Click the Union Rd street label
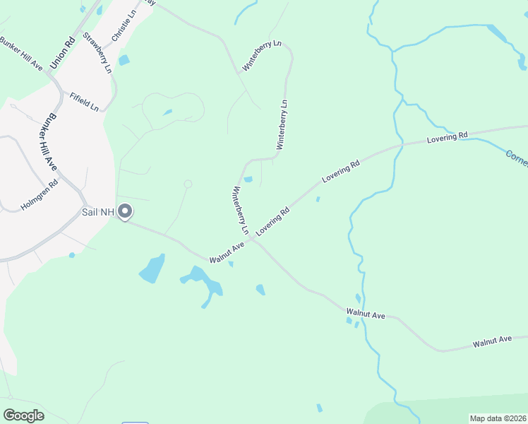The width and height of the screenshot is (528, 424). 62,53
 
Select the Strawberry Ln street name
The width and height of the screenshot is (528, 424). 97,52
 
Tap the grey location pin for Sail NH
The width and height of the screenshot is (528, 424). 126,211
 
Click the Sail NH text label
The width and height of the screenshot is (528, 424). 98,211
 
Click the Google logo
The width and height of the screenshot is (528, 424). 23,416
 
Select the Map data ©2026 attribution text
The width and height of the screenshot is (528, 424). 498,418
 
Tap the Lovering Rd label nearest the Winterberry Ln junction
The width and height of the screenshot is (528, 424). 273,221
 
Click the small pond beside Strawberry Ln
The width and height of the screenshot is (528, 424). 124,60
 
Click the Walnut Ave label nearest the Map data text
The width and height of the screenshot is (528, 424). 492,341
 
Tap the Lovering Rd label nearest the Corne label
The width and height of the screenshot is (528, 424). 448,137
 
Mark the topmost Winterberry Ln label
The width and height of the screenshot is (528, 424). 262,55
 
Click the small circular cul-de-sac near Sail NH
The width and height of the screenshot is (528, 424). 188,184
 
